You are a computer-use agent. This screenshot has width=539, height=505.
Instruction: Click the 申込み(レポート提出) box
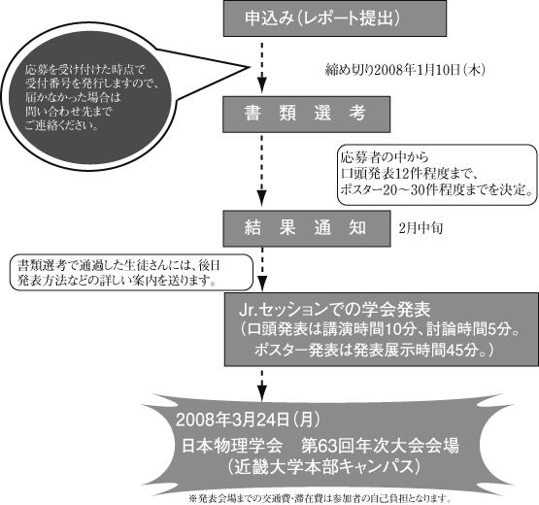pyautogui.click(x=335, y=18)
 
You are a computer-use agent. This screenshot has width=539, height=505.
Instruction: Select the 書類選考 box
pyautogui.click(x=306, y=115)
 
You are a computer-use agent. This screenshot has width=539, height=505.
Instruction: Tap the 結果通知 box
pyautogui.click(x=307, y=228)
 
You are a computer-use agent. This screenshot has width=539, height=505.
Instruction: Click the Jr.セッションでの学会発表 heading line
pyautogui.click(x=334, y=310)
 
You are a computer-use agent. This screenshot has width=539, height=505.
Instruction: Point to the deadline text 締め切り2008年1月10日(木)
pyautogui.click(x=405, y=70)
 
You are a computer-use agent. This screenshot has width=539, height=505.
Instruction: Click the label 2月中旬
pyautogui.click(x=421, y=228)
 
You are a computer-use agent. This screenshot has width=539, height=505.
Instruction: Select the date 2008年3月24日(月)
pyautogui.click(x=248, y=420)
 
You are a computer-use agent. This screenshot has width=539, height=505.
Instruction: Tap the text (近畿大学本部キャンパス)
pyautogui.click(x=323, y=467)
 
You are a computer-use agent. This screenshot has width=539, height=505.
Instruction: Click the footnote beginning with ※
pyautogui.click(x=320, y=498)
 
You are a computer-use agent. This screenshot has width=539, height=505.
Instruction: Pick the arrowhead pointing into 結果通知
pyautogui.click(x=262, y=200)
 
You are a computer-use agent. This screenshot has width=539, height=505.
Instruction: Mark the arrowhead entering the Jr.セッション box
pyautogui.click(x=262, y=283)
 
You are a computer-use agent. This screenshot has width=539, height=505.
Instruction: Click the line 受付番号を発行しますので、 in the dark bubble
pyautogui.click(x=92, y=84)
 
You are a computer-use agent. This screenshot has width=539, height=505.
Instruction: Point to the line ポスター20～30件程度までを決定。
pyautogui.click(x=437, y=189)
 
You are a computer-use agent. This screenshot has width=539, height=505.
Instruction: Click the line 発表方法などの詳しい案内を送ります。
pyautogui.click(x=118, y=280)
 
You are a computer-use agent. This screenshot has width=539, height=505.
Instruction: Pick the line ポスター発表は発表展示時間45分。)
pyautogui.click(x=374, y=350)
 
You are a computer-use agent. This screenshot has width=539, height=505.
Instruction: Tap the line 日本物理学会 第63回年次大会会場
pyautogui.click(x=320, y=446)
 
